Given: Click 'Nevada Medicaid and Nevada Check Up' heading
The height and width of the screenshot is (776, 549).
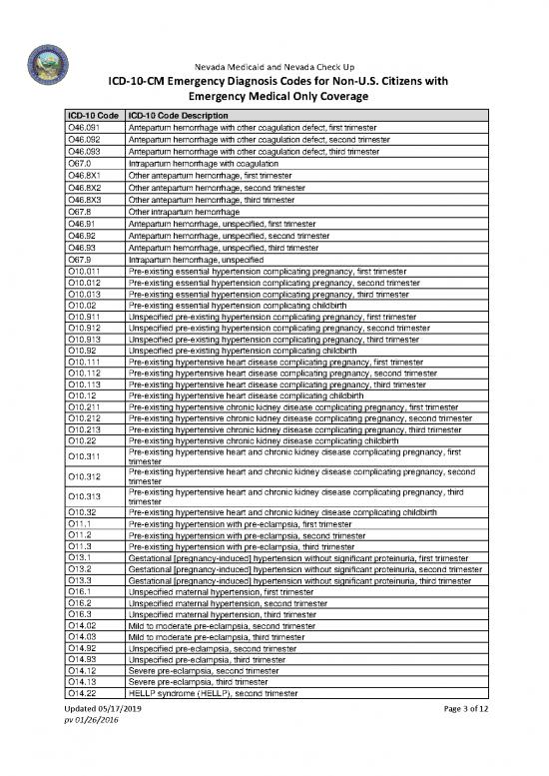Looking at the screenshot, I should point(274,65).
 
